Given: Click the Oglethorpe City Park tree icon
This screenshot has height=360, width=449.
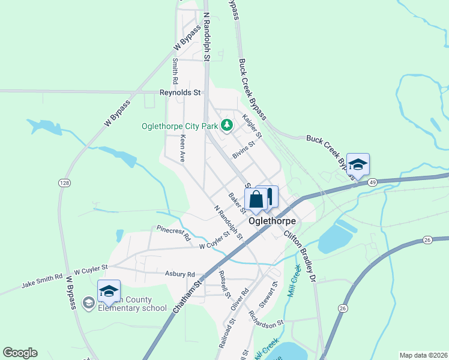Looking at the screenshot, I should coord(227,125).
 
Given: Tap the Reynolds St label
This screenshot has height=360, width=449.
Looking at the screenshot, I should coord(179,93).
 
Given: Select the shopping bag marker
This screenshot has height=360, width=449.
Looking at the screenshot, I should coord(256,199).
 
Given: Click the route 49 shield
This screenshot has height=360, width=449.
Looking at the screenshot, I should coord(373,182).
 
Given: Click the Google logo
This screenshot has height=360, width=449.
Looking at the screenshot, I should coord(20,353).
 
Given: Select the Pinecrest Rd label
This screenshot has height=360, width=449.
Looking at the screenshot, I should coord(173,233).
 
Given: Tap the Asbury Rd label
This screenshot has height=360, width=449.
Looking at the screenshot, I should coord(180,274).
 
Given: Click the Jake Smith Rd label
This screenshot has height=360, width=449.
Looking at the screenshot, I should coord(42,278).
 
